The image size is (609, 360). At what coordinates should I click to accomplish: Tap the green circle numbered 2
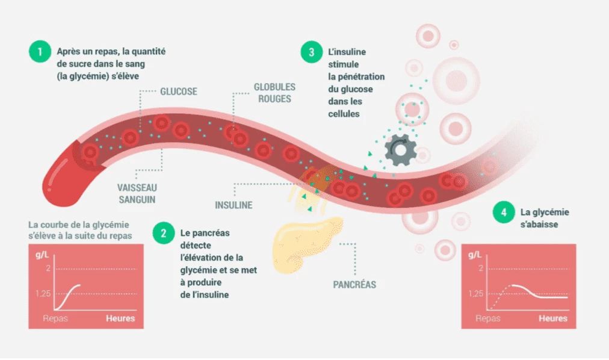[163, 232]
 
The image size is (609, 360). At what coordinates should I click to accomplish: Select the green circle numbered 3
[311, 52]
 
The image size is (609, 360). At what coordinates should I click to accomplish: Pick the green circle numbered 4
[503, 212]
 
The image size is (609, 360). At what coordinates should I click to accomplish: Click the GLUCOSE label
[178, 92]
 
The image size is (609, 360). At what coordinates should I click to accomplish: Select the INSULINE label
[233, 205]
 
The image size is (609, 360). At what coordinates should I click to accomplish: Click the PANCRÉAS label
[354, 284]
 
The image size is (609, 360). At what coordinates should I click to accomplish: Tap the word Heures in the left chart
[120, 318]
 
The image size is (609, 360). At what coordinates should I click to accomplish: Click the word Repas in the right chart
[487, 318]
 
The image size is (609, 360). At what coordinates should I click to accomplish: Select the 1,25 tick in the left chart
[43, 293]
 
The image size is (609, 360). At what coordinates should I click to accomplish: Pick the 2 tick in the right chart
[480, 267]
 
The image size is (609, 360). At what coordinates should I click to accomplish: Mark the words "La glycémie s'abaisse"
[545, 218]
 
